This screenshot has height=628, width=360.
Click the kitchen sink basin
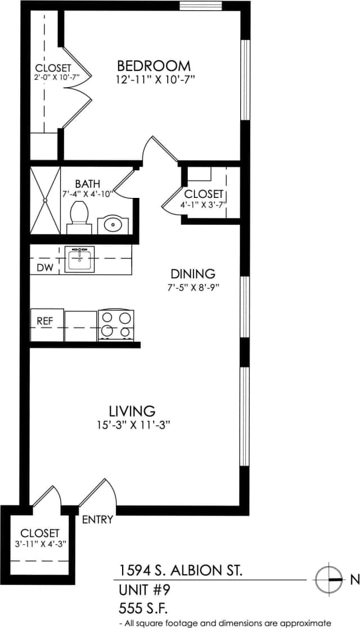pos(79,259)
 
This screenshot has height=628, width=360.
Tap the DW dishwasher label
pos(45,268)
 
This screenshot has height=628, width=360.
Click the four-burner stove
pos(115,324)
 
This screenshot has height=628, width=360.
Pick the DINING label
pos(193,274)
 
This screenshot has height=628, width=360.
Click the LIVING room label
pos(133,410)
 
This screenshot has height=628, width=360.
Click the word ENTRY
pos(98,519)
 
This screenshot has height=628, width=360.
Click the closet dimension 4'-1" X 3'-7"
pos(203,205)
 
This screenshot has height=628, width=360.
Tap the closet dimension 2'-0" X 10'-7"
pos(55,78)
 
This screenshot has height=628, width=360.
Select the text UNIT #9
pos(144,590)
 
